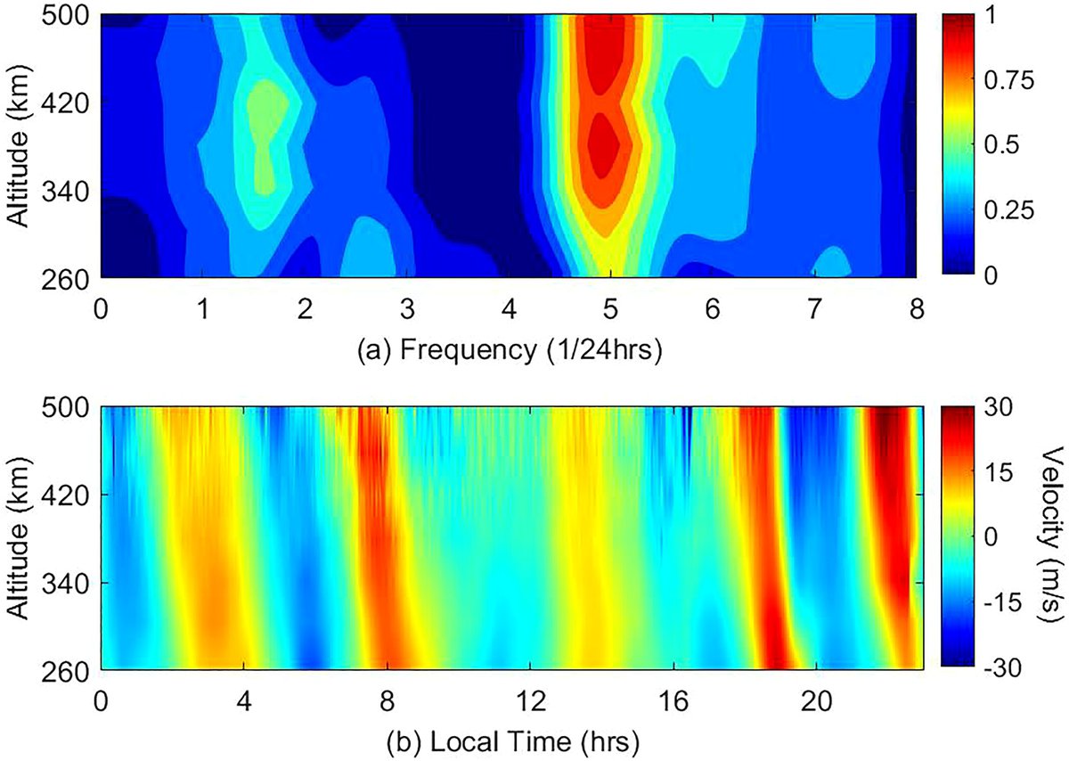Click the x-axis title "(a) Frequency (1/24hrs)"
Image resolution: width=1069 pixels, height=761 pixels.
[x=508, y=350]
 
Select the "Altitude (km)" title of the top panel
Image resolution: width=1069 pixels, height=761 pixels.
[x=20, y=145]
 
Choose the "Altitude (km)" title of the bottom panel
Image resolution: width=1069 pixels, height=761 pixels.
[x=20, y=536]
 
